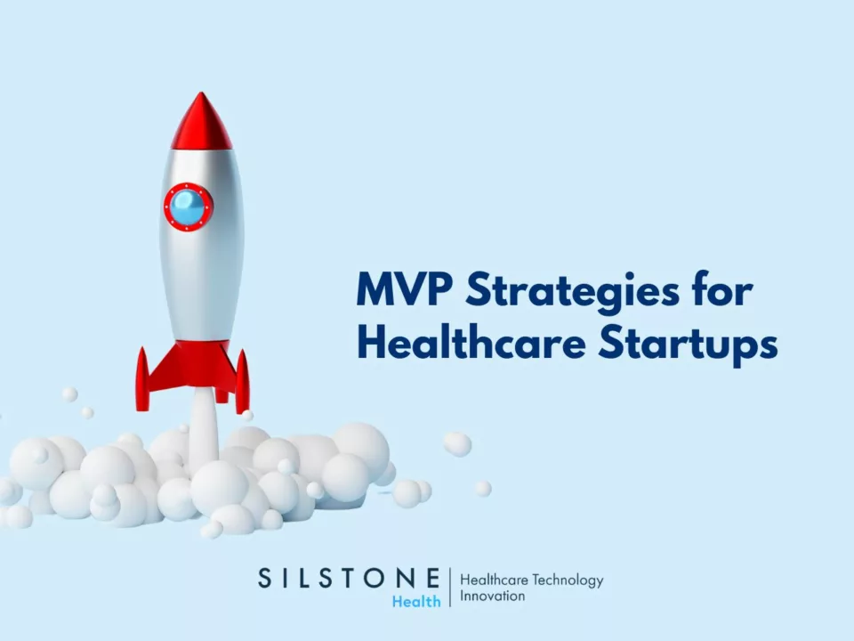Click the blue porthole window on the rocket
(189, 207)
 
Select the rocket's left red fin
(142, 377)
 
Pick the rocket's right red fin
(241, 380)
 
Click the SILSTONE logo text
(349, 578)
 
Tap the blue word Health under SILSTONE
(416, 601)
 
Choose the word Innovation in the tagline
(492, 596)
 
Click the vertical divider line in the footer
(450, 588)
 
